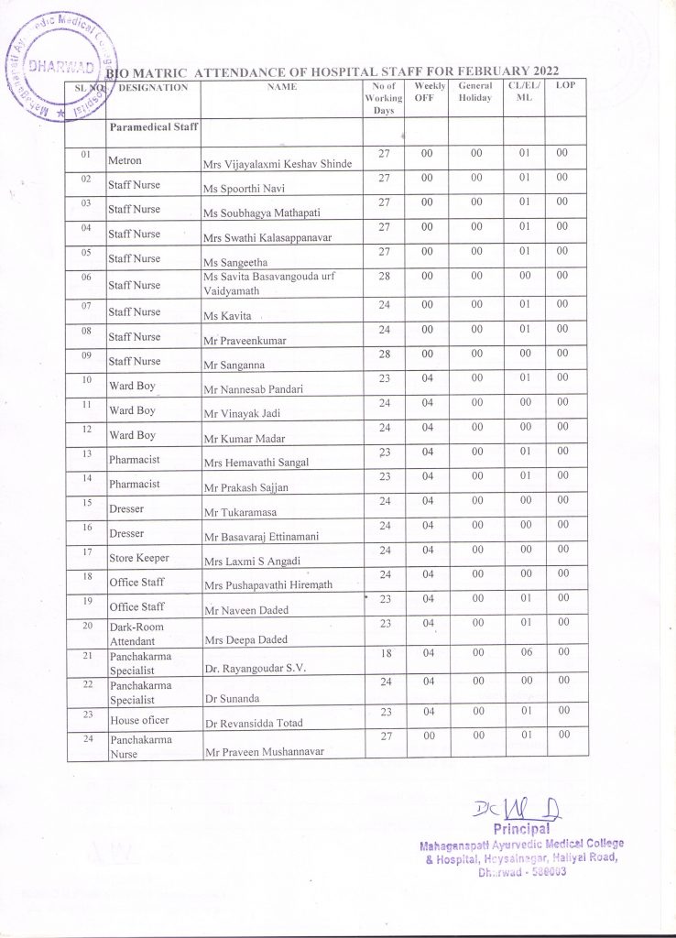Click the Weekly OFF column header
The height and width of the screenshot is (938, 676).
pyautogui.click(x=424, y=92)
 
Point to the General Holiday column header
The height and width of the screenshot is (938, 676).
pyautogui.click(x=475, y=92)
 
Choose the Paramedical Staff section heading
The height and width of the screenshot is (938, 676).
pyautogui.click(x=153, y=127)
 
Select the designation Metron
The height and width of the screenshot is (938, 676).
pyautogui.click(x=125, y=160)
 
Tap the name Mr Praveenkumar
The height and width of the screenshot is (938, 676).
pyautogui.click(x=244, y=340)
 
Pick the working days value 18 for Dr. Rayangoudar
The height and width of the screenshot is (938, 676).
pyautogui.click(x=385, y=649)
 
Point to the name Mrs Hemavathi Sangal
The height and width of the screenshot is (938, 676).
pyautogui.click(x=256, y=464)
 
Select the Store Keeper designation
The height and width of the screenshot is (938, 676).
pyautogui.click(x=139, y=558)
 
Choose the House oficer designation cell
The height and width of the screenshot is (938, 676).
pyautogui.click(x=138, y=721)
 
